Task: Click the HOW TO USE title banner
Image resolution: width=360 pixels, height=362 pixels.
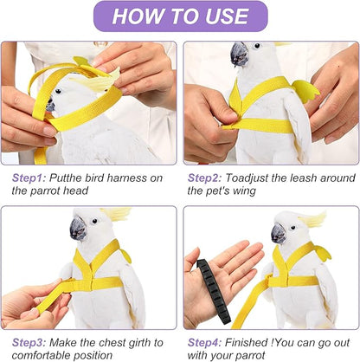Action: (x=179, y=16)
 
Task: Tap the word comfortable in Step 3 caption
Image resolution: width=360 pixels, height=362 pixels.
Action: (x=42, y=354)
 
